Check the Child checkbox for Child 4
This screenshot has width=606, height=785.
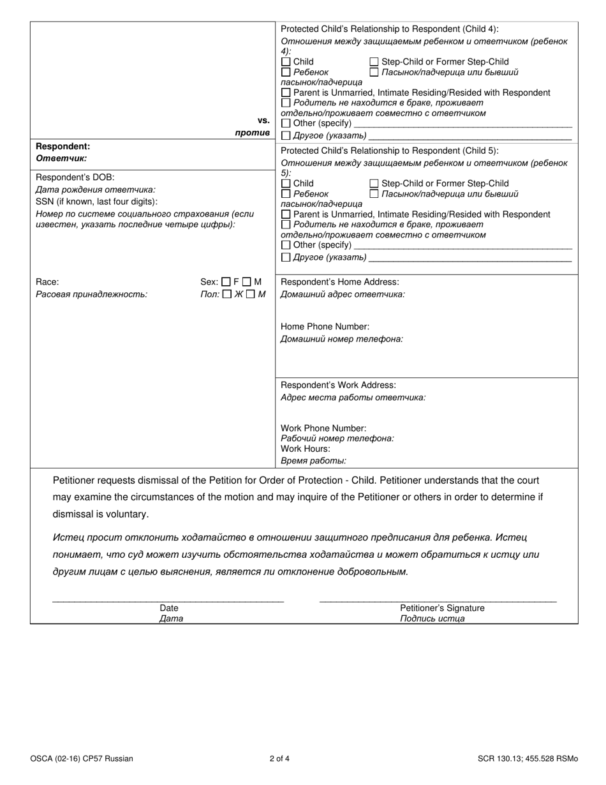click(286, 62)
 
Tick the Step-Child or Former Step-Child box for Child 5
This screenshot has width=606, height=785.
click(374, 184)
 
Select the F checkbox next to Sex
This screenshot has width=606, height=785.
click(226, 281)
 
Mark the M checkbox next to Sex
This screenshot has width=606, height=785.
click(248, 281)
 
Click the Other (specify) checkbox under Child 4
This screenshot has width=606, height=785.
click(286, 123)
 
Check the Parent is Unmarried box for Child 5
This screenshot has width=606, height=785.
click(286, 214)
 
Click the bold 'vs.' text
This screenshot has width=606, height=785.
click(263, 120)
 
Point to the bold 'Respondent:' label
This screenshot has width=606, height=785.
click(63, 147)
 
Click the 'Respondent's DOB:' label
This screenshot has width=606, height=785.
click(75, 177)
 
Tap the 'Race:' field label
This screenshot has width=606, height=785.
click(47, 281)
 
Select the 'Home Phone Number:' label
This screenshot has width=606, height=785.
click(325, 327)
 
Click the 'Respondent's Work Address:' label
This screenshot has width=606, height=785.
click(338, 385)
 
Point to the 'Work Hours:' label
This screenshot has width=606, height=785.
click(306, 449)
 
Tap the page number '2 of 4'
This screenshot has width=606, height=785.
click(279, 759)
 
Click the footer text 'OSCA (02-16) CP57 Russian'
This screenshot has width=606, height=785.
click(82, 759)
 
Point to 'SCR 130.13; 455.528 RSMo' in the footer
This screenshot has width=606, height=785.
click(528, 759)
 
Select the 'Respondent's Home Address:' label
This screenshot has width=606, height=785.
click(340, 282)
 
